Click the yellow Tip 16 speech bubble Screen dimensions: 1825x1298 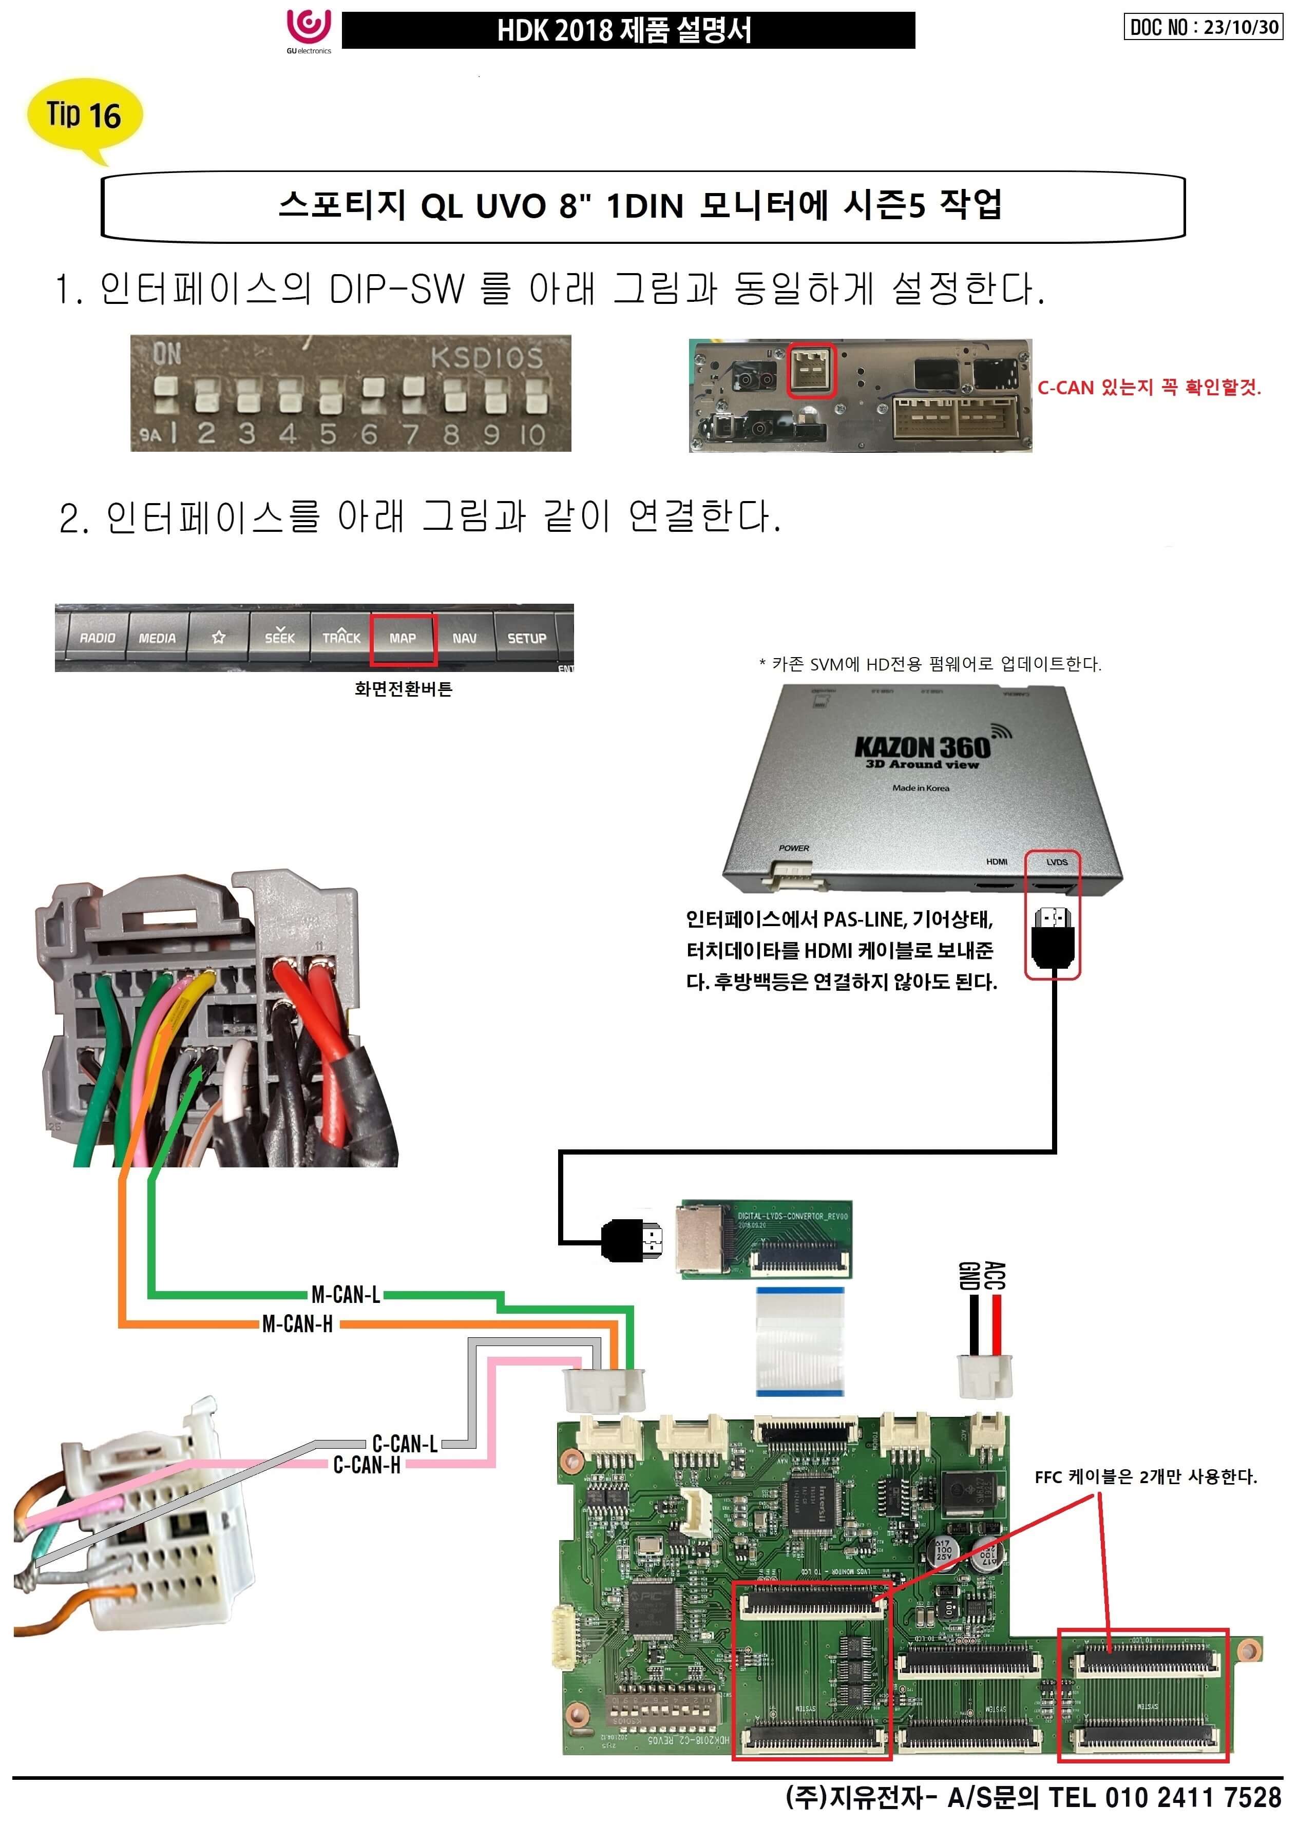84,116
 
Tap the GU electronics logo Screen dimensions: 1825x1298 309,30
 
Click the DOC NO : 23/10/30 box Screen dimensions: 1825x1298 1204,27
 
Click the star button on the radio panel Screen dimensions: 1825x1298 218,638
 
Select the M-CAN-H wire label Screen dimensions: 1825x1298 297,1324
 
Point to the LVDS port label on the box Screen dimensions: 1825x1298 1057,862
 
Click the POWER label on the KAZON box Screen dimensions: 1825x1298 794,848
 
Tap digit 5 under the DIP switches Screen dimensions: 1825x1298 328,434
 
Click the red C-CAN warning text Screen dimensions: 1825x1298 1149,388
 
